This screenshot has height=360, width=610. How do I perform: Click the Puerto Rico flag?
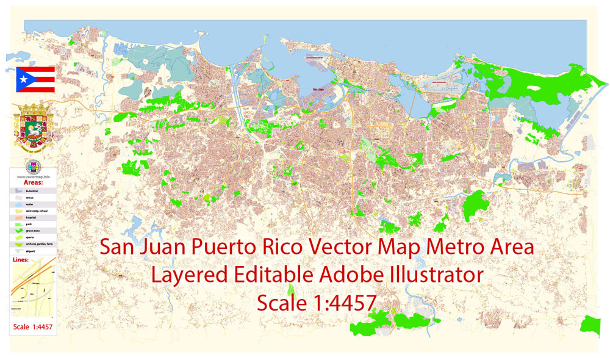coord(35,79)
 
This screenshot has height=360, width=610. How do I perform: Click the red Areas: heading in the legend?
coord(34,182)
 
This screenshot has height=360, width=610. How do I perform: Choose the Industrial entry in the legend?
coord(34,191)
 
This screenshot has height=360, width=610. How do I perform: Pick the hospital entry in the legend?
coord(34,217)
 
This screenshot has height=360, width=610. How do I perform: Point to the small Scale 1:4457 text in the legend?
coord(33,327)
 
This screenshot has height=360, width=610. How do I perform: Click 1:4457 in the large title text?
coord(342,302)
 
